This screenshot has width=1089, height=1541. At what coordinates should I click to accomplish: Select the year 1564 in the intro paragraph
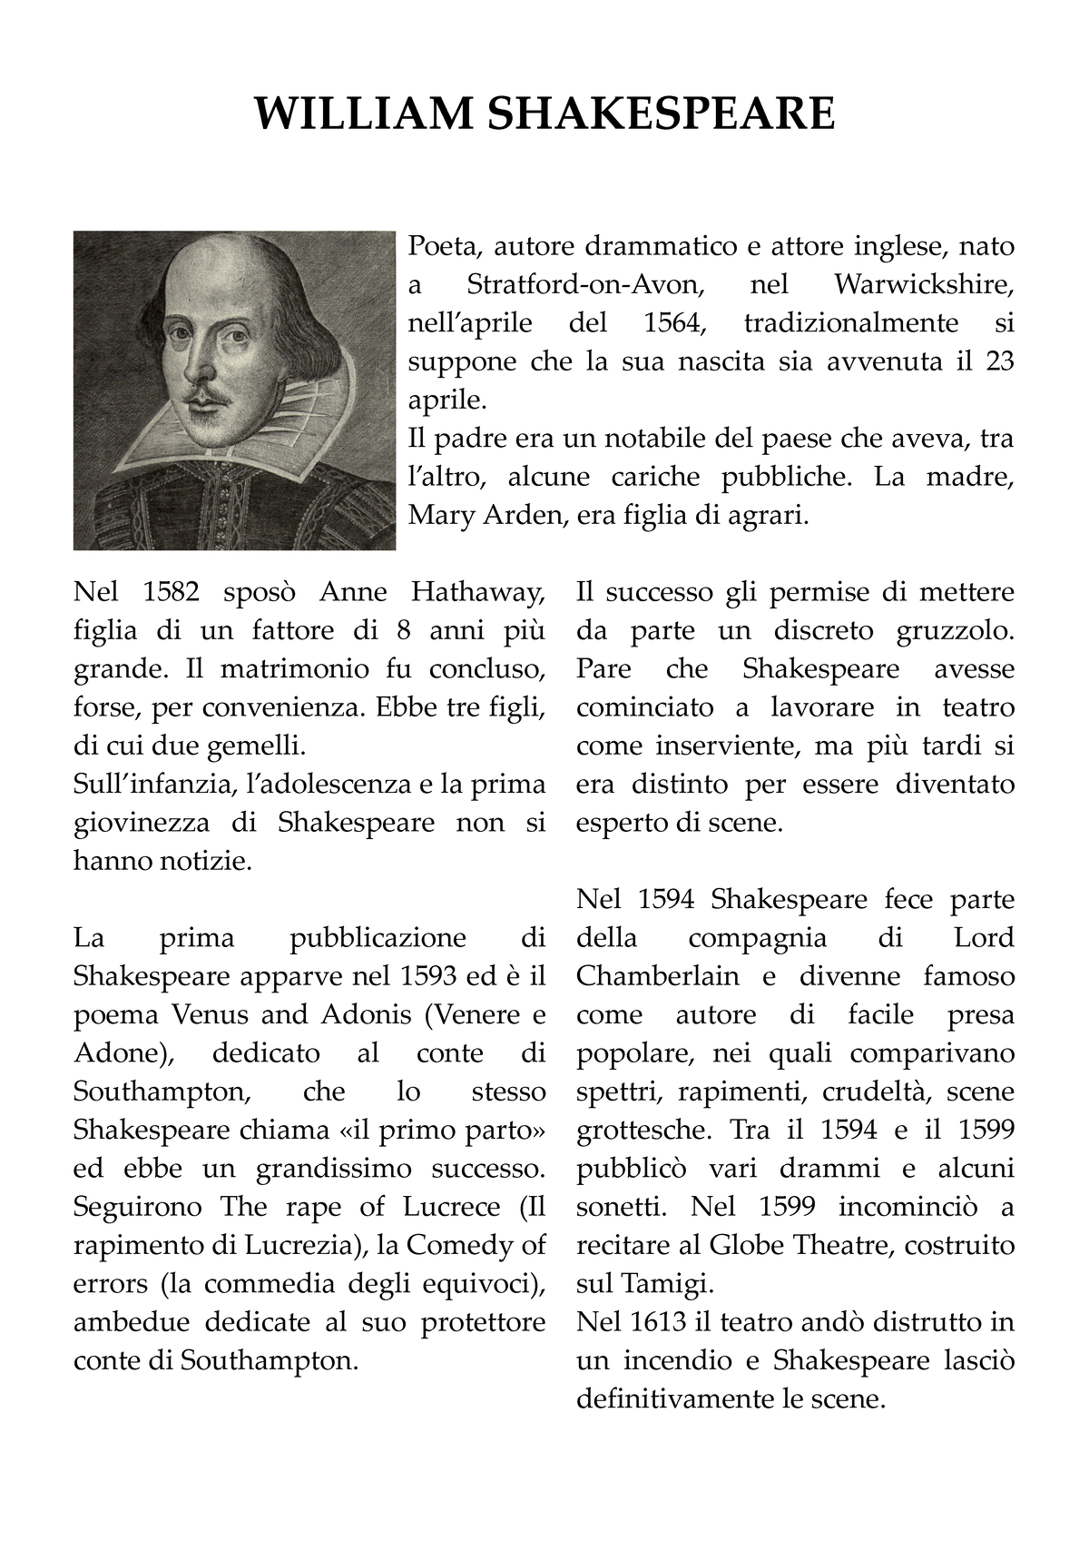(672, 323)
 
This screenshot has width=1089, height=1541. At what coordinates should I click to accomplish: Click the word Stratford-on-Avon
(585, 285)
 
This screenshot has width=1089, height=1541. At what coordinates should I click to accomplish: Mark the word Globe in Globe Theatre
(747, 1245)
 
